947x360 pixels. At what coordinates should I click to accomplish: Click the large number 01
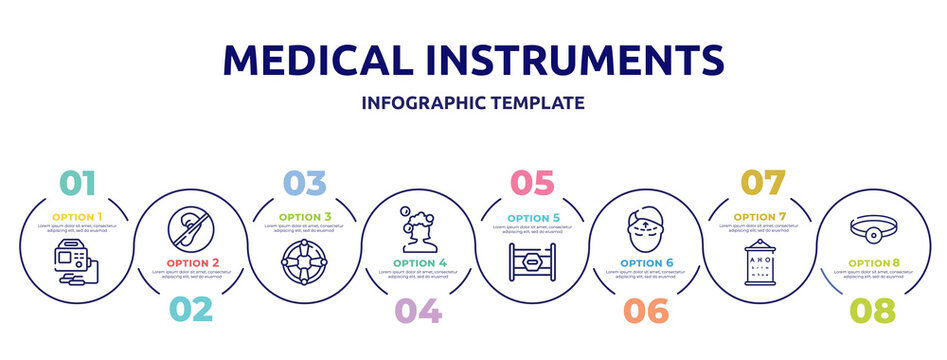pyautogui.click(x=78, y=183)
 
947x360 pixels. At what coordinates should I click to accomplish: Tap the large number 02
pyautogui.click(x=190, y=310)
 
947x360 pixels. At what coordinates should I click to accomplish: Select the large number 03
pyautogui.click(x=304, y=183)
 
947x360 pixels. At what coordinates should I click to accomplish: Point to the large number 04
pyautogui.click(x=419, y=310)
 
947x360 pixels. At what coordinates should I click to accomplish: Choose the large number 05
pyautogui.click(x=531, y=183)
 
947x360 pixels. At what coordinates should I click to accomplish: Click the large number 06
pyautogui.click(x=646, y=310)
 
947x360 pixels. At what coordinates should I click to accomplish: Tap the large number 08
pyautogui.click(x=872, y=310)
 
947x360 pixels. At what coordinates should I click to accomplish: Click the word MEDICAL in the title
pyautogui.click(x=317, y=60)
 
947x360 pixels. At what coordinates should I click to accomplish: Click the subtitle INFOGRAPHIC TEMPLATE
pyautogui.click(x=473, y=103)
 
